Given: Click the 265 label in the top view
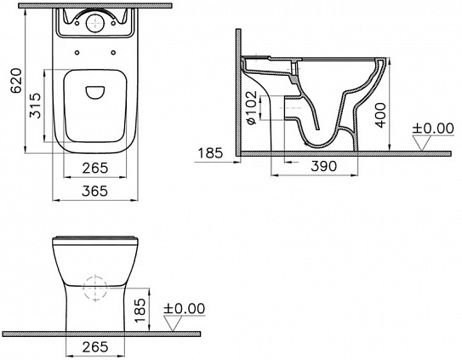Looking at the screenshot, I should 95,168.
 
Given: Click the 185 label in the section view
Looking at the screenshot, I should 209,153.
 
